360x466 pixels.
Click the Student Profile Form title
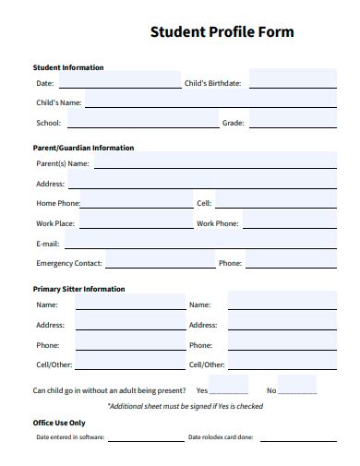point(222,32)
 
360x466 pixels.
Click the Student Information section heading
point(68,67)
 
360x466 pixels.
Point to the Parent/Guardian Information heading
point(83,148)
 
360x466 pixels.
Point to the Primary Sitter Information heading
point(78,289)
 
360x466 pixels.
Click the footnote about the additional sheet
point(186,406)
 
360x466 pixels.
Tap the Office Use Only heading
point(59,423)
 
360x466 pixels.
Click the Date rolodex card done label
point(220,437)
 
